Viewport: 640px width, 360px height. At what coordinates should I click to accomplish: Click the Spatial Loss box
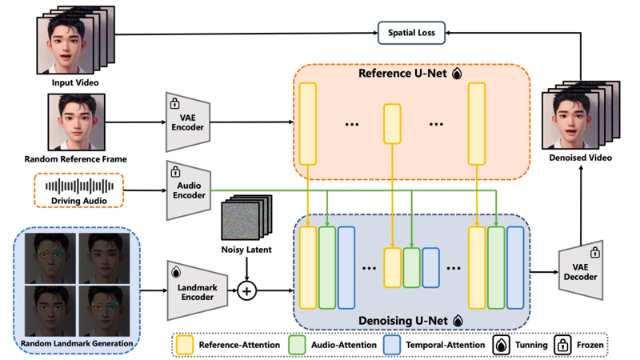411,33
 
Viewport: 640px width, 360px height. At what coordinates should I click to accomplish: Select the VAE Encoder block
188,122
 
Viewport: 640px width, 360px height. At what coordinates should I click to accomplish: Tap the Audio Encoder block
189,190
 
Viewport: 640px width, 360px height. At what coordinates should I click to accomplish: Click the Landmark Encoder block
197,290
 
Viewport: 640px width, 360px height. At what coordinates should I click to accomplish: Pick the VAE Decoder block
581,270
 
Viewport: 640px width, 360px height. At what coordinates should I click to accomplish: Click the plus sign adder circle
246,291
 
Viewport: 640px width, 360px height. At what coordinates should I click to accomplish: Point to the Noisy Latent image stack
246,218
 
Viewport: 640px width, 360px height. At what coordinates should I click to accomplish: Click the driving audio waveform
79,186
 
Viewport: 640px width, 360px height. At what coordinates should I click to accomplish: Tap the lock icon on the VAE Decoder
595,252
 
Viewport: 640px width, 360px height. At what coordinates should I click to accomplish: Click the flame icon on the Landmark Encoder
176,271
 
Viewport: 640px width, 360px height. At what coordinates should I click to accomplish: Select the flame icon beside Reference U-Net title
457,74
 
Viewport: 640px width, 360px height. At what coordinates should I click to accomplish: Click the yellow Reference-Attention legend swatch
185,345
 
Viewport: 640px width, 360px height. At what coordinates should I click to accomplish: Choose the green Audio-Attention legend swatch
297,345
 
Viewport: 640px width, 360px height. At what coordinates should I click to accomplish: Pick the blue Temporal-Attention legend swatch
392,345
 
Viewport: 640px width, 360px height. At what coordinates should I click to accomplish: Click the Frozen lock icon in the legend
563,345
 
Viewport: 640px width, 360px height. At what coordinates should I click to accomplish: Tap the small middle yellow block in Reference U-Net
392,124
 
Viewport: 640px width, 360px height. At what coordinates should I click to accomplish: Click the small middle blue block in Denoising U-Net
430,267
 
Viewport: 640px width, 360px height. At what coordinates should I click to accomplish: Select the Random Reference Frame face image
76,122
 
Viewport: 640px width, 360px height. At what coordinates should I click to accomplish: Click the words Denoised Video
580,158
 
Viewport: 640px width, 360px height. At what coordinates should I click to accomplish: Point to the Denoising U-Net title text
403,321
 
